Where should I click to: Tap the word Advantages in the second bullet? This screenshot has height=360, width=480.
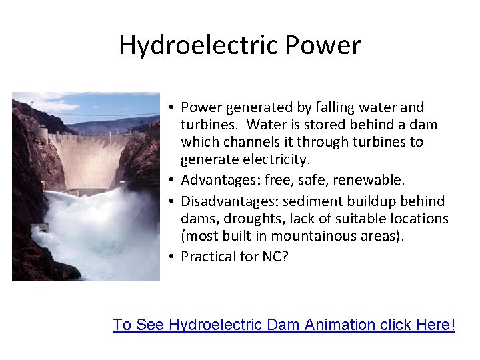[221, 180]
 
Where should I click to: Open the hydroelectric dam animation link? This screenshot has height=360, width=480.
[284, 325]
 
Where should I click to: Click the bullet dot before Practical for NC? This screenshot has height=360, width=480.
[172, 257]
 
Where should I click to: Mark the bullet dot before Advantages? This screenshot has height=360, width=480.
[172, 181]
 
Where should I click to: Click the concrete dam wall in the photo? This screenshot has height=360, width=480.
[93, 160]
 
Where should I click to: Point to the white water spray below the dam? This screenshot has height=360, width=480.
[100, 227]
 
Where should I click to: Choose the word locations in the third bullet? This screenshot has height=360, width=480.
[417, 218]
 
